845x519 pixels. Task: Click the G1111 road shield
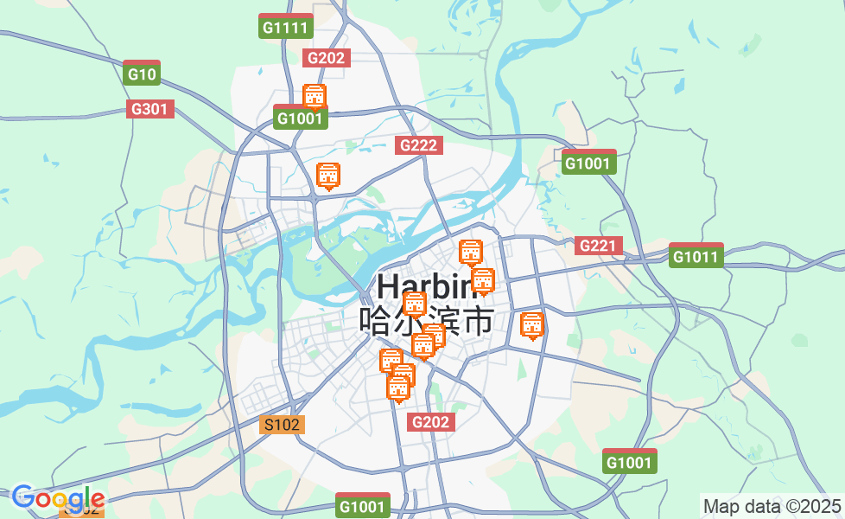pos(285,27)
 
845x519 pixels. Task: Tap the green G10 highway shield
pos(142,74)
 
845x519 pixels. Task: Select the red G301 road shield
pos(150,109)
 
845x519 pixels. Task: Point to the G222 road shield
pos(420,145)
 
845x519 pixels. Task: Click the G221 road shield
pos(599,246)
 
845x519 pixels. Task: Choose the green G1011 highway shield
pos(696,256)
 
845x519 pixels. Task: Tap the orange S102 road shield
pos(283,425)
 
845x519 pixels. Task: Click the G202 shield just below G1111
pos(327,58)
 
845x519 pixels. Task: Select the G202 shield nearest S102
pos(431,422)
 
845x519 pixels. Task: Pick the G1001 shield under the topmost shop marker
pos(300,119)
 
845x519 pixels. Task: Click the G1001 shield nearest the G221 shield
pos(588,163)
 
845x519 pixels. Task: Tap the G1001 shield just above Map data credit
pos(629,462)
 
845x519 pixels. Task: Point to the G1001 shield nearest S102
pos(363,506)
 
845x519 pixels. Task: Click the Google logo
pos(58,498)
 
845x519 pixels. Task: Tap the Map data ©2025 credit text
pos(772,506)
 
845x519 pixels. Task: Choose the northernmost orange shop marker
pos(314,96)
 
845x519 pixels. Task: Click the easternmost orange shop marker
pos(532,325)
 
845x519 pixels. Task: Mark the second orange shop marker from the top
pos(328,176)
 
